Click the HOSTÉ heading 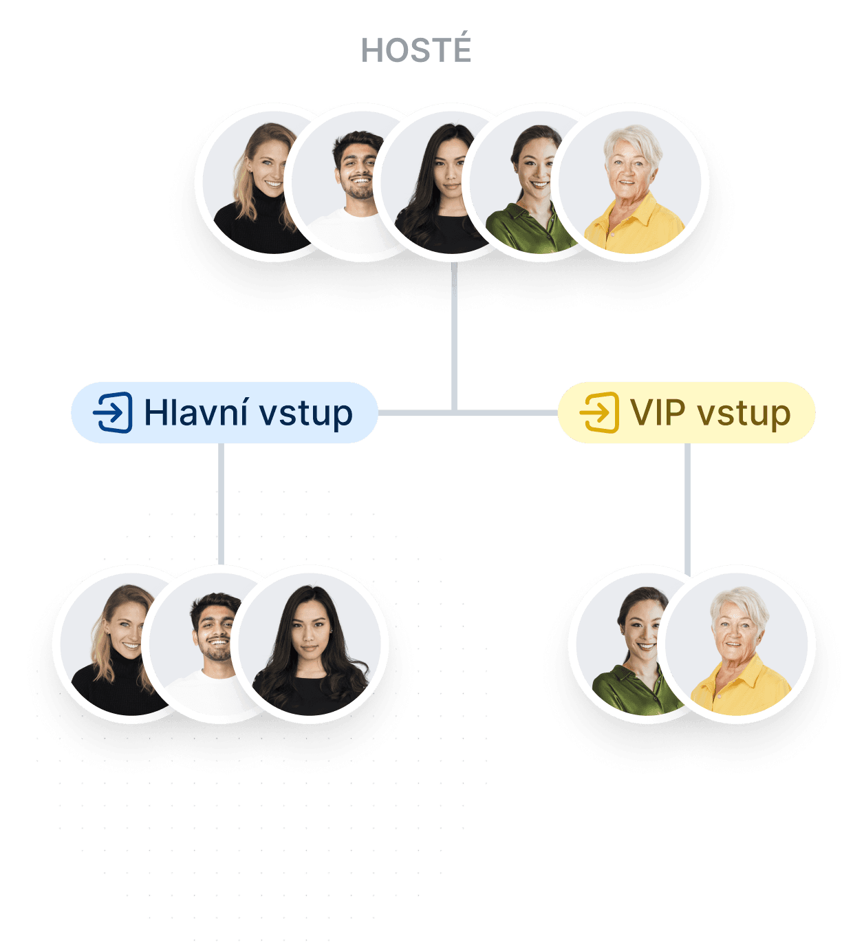click(415, 49)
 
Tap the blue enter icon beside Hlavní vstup click(113, 412)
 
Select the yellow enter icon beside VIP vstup click(598, 412)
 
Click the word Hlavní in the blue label click(195, 412)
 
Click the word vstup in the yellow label click(744, 414)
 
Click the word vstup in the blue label click(305, 414)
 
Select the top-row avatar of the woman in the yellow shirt click(629, 182)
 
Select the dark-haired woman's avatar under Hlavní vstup click(310, 644)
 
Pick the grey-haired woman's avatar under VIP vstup click(736, 644)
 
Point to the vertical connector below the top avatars click(454, 337)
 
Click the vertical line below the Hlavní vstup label click(221, 503)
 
